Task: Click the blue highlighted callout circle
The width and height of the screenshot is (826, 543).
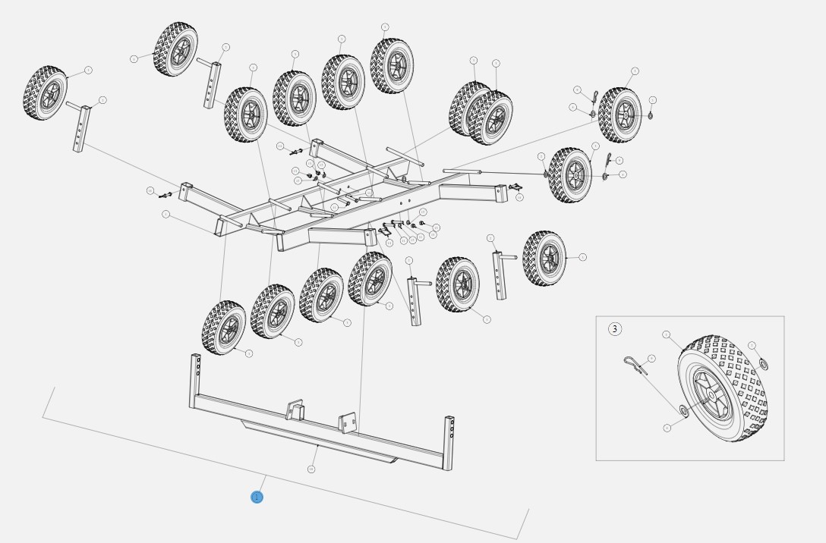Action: click(257, 497)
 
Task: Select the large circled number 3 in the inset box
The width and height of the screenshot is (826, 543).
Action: click(615, 329)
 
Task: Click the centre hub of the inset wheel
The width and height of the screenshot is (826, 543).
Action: click(708, 393)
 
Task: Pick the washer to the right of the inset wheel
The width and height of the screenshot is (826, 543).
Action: click(763, 365)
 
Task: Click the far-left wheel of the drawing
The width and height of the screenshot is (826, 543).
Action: click(46, 93)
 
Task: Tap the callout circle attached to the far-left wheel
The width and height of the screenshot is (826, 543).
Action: click(89, 70)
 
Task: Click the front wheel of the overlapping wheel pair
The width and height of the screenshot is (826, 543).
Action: click(490, 118)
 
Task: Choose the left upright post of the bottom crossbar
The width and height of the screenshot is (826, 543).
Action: click(194, 383)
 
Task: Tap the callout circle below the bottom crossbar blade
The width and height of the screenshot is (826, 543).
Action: click(311, 469)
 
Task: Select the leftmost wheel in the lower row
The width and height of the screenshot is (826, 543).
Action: click(224, 328)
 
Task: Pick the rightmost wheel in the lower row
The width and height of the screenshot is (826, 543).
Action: click(544, 259)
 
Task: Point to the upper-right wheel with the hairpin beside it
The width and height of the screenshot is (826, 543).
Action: click(620, 115)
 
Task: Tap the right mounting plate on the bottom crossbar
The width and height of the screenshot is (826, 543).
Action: click(348, 421)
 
